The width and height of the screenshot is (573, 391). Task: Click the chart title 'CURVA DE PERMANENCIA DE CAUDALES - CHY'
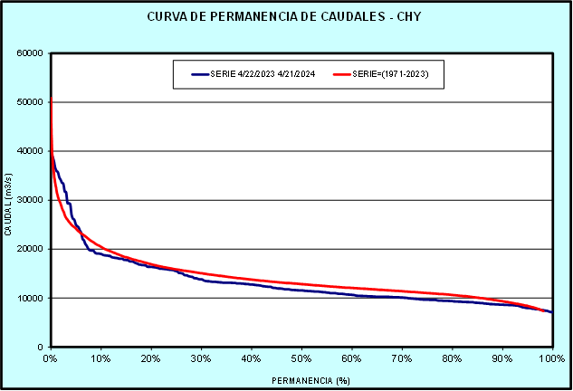point(285,18)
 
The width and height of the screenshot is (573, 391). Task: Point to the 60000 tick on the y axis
point(31,52)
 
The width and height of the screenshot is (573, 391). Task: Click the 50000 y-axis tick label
point(31,101)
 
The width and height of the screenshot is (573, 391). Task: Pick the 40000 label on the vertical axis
point(31,151)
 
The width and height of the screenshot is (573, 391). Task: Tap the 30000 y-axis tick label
point(31,200)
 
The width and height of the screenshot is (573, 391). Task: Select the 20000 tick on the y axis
point(31,249)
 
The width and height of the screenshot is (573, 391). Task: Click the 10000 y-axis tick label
point(31,298)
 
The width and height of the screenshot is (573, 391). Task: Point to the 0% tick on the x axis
point(51,358)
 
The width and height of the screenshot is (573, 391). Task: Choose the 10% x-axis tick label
point(100,358)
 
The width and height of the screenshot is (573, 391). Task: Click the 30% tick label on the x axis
point(201,358)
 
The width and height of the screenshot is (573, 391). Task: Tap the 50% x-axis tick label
point(301,358)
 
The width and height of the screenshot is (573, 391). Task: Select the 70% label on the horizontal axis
point(402,358)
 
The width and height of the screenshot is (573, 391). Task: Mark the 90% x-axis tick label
point(502,358)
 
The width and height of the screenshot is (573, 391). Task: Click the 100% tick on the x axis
point(551,358)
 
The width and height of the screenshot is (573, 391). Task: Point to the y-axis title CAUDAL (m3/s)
point(8,200)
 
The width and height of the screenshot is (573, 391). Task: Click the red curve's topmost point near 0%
point(51,98)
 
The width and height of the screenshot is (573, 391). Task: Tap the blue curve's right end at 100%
point(552,312)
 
